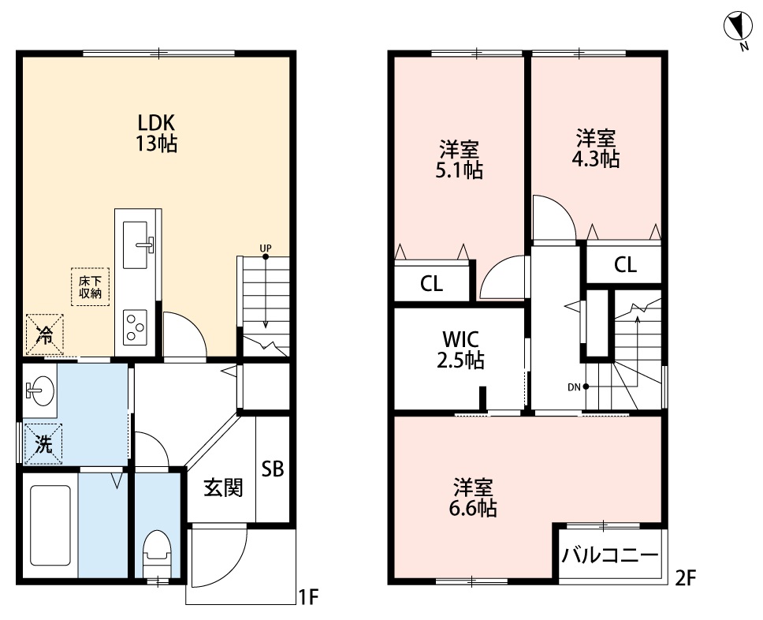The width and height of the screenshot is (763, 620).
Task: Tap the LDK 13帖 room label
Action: [x=156, y=133]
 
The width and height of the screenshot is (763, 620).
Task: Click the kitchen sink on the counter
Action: [x=141, y=245]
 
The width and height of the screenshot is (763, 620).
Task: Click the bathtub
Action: [x=50, y=525]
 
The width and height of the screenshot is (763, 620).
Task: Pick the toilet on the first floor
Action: [x=157, y=551]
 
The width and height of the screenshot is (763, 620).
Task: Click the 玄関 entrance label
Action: [x=223, y=488]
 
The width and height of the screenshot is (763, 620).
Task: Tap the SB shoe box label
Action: [x=273, y=469]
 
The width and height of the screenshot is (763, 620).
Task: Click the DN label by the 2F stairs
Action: [x=574, y=387]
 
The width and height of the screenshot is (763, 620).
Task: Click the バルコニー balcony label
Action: [x=610, y=555]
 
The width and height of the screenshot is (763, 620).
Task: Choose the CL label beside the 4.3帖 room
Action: [x=625, y=266]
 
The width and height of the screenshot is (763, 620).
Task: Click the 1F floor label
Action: [x=307, y=598]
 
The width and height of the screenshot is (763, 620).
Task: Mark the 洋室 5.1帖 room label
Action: [x=460, y=159]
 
